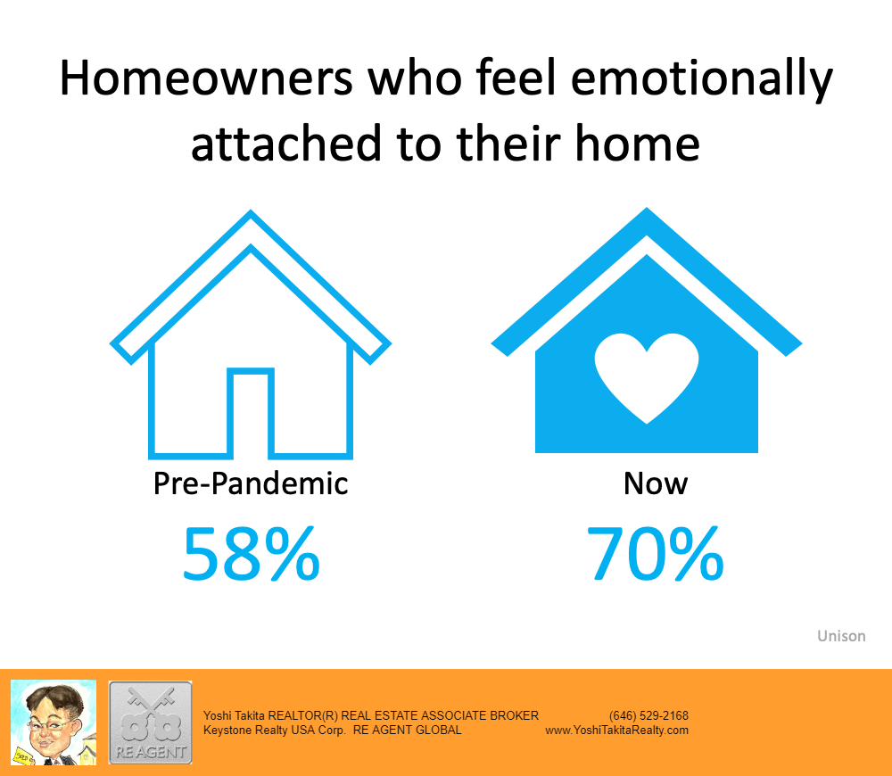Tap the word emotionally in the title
pos(702,79)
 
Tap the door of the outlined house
pos(251,413)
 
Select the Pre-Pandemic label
pos(251,484)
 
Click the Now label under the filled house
pos(656,483)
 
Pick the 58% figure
pos(251,554)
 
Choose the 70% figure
pos(656,554)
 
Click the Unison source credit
pos(841,636)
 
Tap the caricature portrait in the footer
pos(54,722)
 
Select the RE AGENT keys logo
pos(150,722)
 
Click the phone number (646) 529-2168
pos(648,715)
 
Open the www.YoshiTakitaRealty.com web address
pos(616,731)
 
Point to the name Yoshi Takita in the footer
pos(234,715)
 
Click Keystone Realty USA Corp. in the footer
pos(274,731)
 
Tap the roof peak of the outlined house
pos(251,212)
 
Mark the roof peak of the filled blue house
pos(647,210)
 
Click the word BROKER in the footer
pos(514,715)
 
